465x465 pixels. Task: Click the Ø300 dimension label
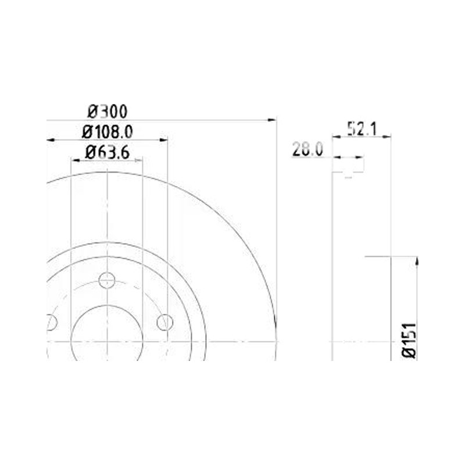coord(108,112)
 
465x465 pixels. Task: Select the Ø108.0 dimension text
coord(107,132)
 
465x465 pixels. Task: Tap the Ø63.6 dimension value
coord(107,153)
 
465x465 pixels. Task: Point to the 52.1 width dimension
coord(362,129)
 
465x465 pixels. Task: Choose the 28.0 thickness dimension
coord(307,149)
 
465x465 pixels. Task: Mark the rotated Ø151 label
coord(409,340)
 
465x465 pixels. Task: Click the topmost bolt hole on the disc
coord(107,280)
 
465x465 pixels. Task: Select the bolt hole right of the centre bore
coord(165,323)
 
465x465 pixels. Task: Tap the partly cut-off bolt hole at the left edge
coord(51,323)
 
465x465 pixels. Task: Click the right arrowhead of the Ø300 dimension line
coord(272,120)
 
